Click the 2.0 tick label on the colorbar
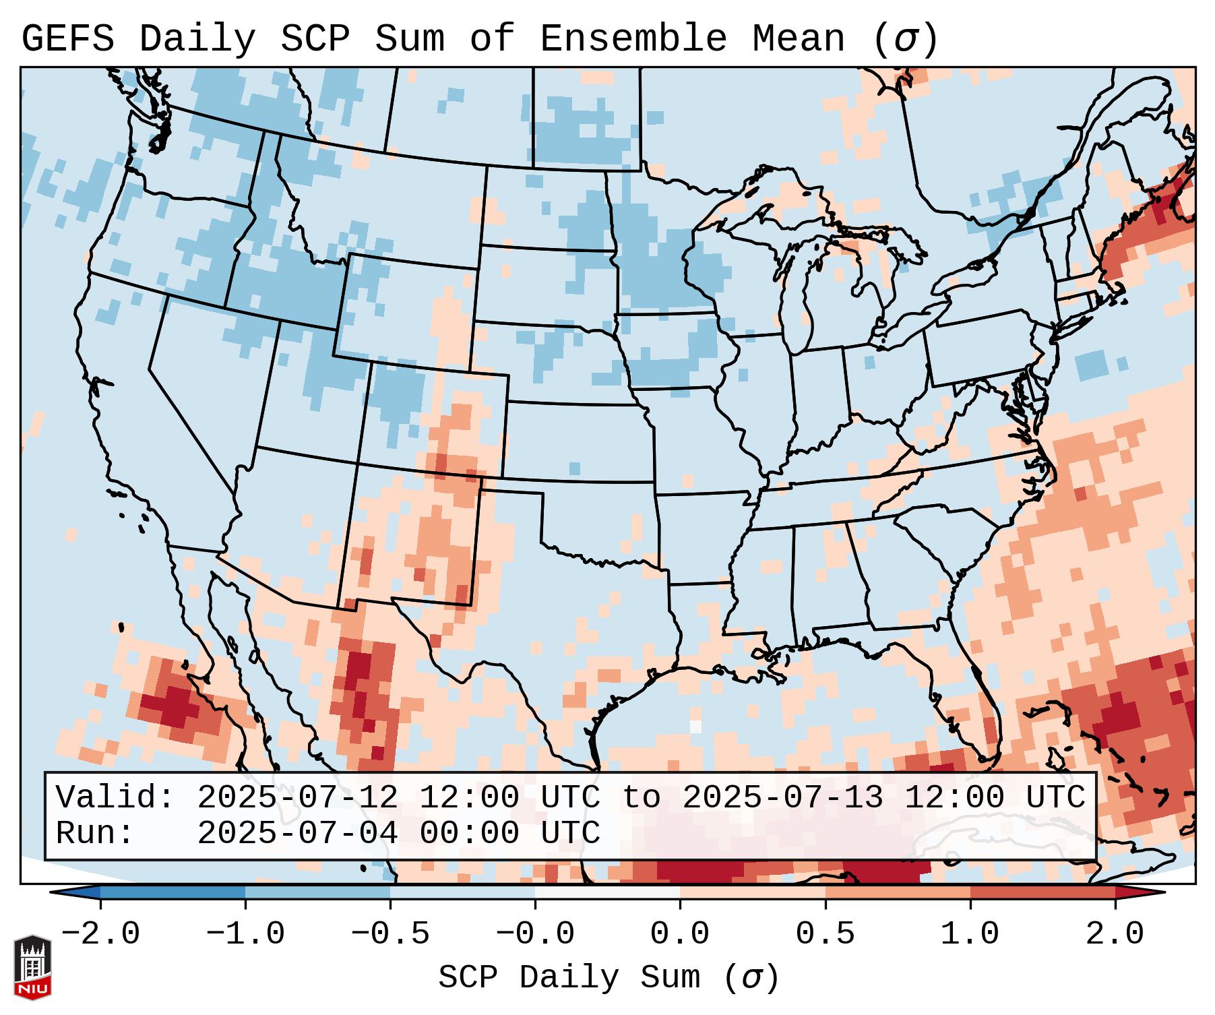pyautogui.click(x=1115, y=934)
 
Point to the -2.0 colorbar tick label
pyautogui.click(x=100, y=934)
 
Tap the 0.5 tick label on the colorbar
pyautogui.click(x=825, y=934)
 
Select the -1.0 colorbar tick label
pyautogui.click(x=245, y=934)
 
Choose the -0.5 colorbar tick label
pyautogui.click(x=390, y=934)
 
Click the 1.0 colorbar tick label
pyautogui.click(x=970, y=934)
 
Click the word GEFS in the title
pyautogui.click(x=68, y=39)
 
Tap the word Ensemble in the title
pyautogui.click(x=633, y=39)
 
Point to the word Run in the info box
pyautogui.click(x=90, y=833)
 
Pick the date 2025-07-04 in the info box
pyautogui.click(x=297, y=833)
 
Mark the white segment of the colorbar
pyautogui.click(x=607, y=892)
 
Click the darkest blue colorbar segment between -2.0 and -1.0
pyautogui.click(x=173, y=892)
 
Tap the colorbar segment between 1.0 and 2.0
pyautogui.click(x=1042, y=892)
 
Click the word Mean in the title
pyautogui.click(x=799, y=39)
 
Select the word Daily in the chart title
pyautogui.click(x=197, y=39)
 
